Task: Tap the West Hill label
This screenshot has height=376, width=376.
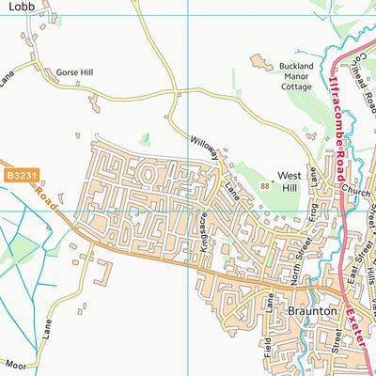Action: [x=289, y=176]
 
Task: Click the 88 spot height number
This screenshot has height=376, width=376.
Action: [x=265, y=186]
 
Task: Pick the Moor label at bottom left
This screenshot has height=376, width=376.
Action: [x=13, y=363]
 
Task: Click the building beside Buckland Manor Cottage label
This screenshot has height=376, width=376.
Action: [x=258, y=63]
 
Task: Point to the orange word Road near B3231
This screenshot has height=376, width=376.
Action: [x=44, y=194]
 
